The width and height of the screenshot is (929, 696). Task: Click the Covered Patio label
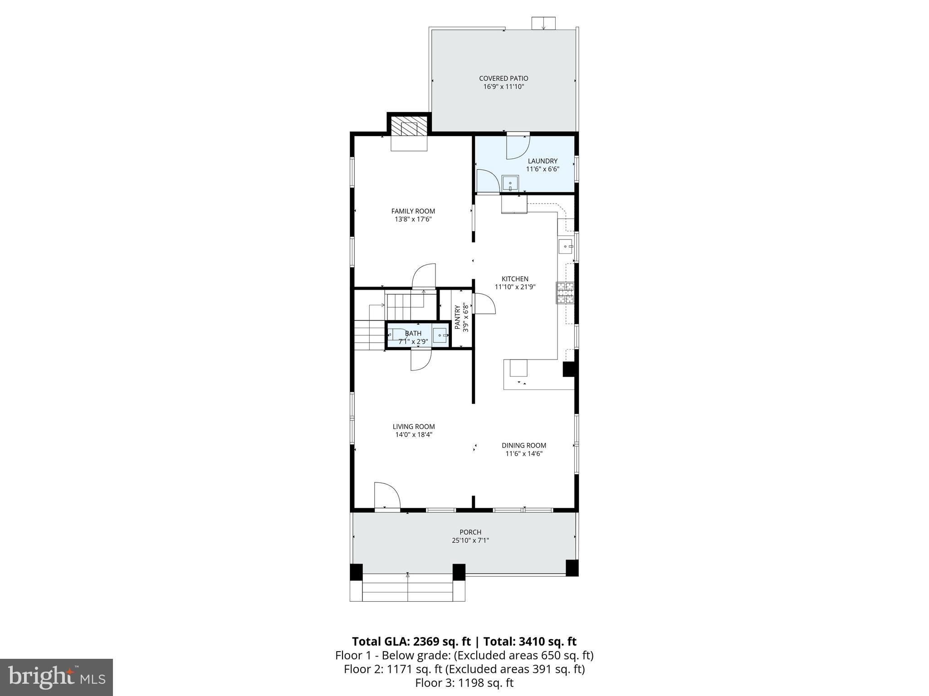point(504,78)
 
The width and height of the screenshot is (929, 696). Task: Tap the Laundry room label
point(543,161)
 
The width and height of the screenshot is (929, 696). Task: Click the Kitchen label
point(515,279)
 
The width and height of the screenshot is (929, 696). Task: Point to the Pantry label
point(457,317)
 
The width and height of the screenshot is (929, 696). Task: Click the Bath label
point(413,334)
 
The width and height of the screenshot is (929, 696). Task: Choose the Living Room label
point(414,426)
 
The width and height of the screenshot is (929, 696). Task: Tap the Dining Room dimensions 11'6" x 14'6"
point(524,453)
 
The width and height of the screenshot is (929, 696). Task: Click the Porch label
point(470,532)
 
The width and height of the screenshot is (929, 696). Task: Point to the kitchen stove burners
point(565,292)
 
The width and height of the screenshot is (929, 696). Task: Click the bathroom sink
point(440,336)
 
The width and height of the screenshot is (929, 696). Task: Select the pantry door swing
point(483,304)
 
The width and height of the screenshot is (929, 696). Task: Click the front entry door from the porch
point(386,496)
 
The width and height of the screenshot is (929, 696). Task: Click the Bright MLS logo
point(56,677)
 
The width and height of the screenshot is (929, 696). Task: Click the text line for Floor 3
point(464,683)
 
